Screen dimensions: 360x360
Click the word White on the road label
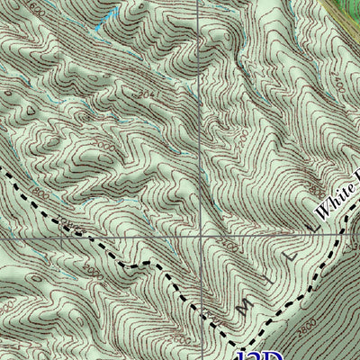tap(336, 200)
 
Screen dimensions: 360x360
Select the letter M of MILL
tap(243, 310)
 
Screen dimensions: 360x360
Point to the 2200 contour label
tap(229, 243)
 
